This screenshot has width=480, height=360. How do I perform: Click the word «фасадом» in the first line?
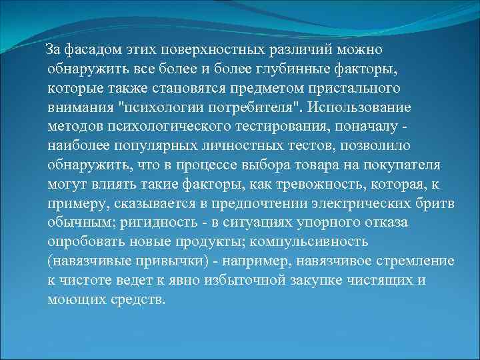coord(90,50)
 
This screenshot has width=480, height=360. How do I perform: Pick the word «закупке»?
coord(314,279)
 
